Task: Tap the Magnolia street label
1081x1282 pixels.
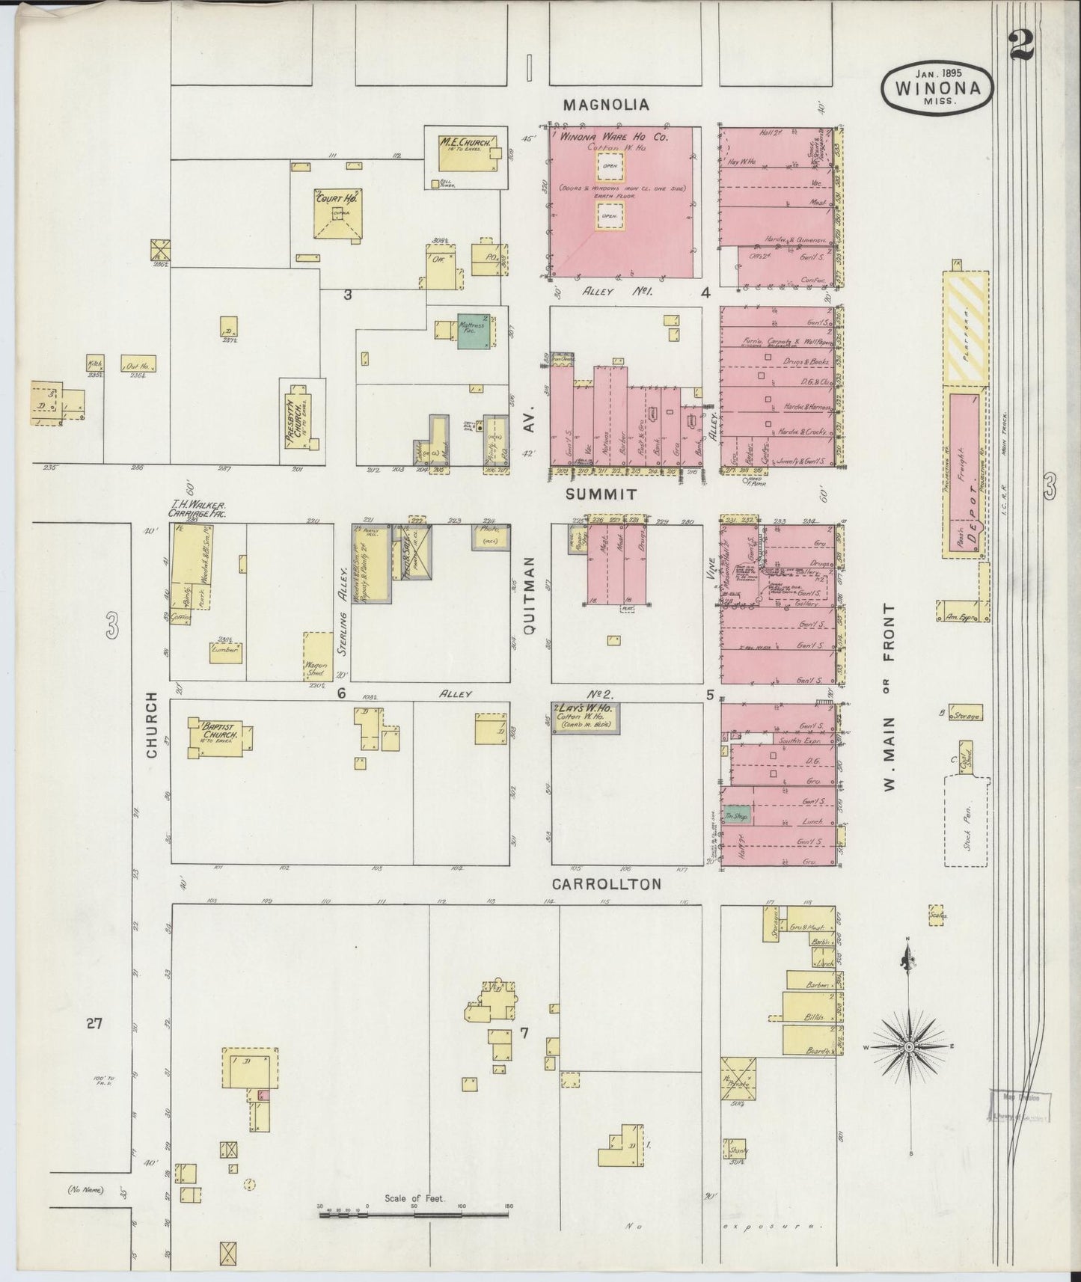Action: point(606,105)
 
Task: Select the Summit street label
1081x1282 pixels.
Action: point(601,494)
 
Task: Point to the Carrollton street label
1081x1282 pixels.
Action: point(606,884)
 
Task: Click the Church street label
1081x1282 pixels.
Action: point(153,726)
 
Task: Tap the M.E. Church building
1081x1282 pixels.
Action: point(467,153)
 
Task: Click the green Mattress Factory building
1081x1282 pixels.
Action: point(474,331)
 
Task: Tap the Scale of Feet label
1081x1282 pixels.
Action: point(414,1198)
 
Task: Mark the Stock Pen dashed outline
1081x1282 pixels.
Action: point(967,821)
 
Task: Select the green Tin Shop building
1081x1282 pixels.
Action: point(738,816)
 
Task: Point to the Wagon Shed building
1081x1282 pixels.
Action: point(318,656)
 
